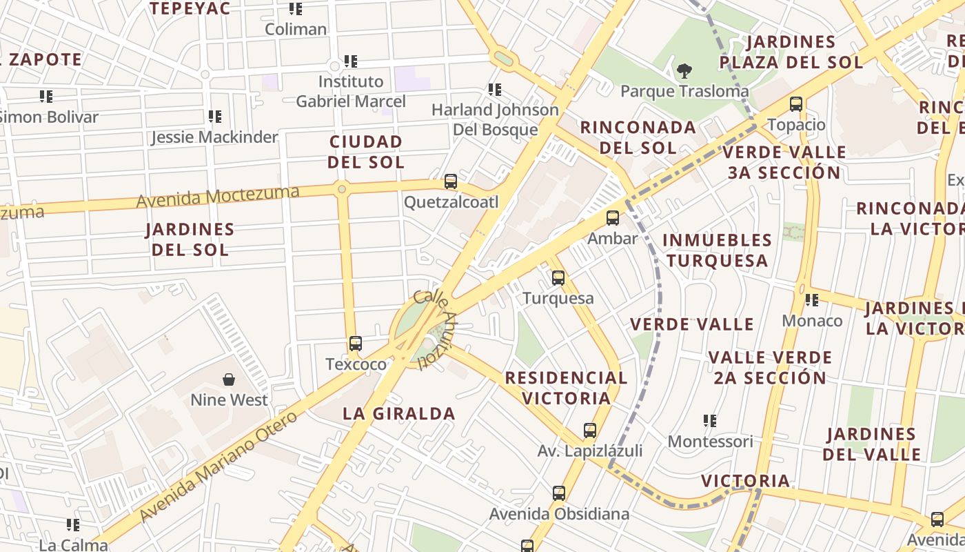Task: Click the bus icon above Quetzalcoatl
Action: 451,181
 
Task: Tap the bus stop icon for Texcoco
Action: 356,343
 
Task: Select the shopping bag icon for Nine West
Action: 229,379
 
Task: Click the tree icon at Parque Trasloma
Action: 684,70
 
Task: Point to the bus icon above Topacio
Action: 796,104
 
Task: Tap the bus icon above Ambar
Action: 612,218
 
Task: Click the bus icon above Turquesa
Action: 558,278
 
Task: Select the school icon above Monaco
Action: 812,300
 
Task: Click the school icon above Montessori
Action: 710,420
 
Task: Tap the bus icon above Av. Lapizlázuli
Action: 590,430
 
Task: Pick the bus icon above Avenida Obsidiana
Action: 559,493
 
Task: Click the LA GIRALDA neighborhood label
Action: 399,413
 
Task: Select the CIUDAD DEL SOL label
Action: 366,152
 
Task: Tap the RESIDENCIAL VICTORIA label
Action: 566,388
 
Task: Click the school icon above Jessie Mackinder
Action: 215,117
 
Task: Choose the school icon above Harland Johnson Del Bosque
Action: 494,89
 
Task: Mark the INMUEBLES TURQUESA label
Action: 717,250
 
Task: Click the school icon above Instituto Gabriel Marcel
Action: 351,61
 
